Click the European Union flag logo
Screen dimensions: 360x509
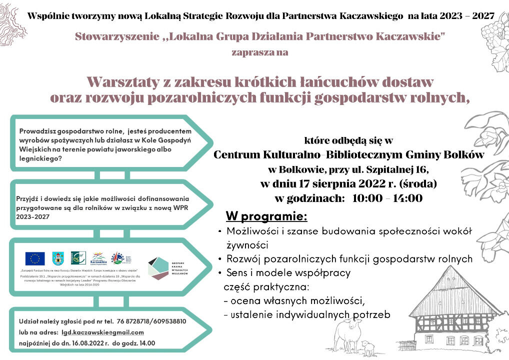[x=35, y=258]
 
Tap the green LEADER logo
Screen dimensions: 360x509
[x=78, y=257]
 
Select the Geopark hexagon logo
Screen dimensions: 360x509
[x=159, y=268]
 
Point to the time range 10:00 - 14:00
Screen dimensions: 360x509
[x=387, y=198]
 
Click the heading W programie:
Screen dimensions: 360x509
[x=266, y=217]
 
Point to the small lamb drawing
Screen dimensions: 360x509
[x=368, y=347]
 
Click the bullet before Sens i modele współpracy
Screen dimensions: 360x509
[x=220, y=273]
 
